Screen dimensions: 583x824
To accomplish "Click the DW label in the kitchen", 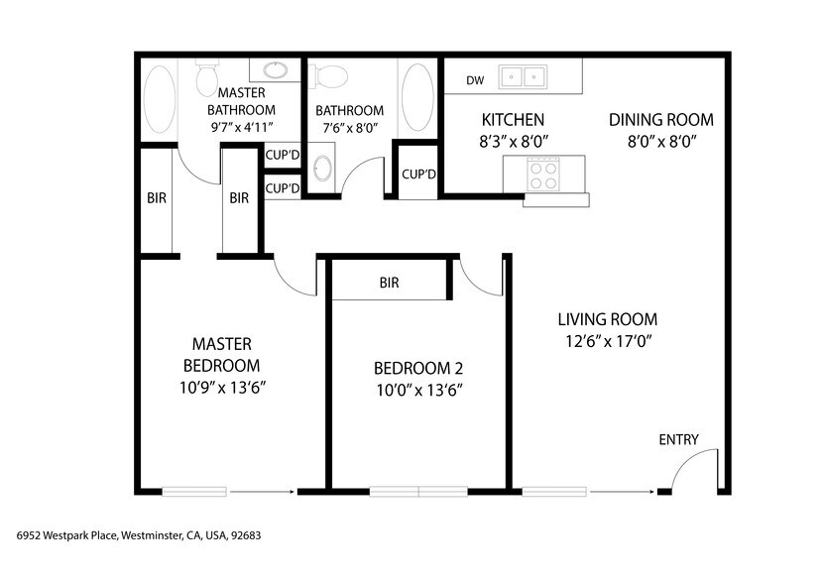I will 475,79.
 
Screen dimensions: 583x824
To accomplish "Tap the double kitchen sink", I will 524,76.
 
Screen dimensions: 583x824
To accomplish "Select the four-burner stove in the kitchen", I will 543,175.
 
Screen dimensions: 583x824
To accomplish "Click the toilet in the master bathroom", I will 207,76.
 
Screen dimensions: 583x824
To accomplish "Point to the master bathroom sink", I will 275,70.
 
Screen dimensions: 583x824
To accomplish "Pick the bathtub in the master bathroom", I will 159,99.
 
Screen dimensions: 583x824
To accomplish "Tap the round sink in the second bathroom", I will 323,168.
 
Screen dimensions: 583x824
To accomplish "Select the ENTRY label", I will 678,440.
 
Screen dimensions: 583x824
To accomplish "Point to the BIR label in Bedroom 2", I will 389,283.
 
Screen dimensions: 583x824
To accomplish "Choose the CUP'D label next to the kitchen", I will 418,175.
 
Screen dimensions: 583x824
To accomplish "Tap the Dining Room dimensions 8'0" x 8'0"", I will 660,142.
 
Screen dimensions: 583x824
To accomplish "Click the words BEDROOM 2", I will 417,368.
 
